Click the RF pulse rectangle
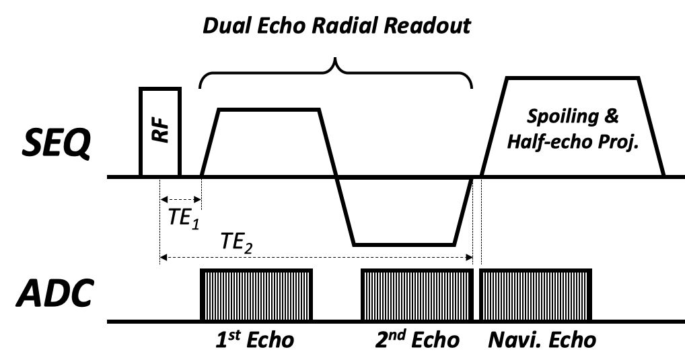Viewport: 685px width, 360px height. (x=159, y=132)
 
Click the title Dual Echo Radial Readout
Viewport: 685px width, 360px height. (x=337, y=28)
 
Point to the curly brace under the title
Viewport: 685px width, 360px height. (x=336, y=74)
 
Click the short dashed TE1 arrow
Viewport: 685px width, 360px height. (x=180, y=199)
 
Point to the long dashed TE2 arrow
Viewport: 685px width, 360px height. (x=316, y=257)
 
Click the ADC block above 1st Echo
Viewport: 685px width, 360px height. (x=256, y=295)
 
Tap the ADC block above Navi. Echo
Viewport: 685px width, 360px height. (x=535, y=295)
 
